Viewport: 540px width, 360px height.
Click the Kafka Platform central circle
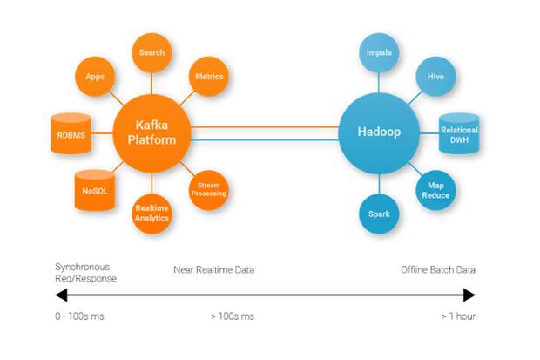(152, 133)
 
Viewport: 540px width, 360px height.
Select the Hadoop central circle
(379, 133)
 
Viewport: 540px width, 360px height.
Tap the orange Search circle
(152, 53)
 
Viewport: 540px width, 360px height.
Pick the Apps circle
(95, 77)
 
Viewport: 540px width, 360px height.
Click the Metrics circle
(209, 77)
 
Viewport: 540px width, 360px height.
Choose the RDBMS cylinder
(71, 133)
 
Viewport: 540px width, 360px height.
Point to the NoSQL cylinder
(95, 190)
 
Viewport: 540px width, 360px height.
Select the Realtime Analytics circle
(152, 214)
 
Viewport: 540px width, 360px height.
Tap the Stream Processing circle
(209, 190)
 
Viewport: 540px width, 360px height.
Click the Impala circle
(379, 53)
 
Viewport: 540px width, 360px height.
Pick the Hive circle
(435, 77)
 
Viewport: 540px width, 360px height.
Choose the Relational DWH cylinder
(459, 133)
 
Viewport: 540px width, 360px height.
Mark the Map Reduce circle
(435, 190)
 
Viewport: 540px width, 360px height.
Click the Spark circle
(379, 214)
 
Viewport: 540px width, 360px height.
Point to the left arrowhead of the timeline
(61, 295)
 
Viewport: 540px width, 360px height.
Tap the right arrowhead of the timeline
(469, 295)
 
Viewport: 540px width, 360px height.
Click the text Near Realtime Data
(214, 269)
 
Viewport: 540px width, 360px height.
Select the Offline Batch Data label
(438, 269)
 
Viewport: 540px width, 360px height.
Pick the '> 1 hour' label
(458, 316)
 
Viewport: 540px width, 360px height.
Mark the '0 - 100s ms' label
(79, 316)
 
